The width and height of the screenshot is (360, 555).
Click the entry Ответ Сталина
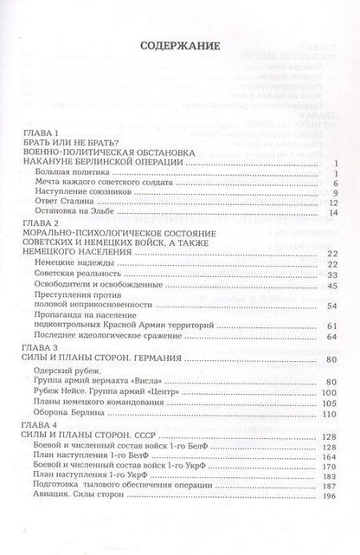pos(67,202)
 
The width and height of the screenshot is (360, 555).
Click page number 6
pos(332,184)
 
